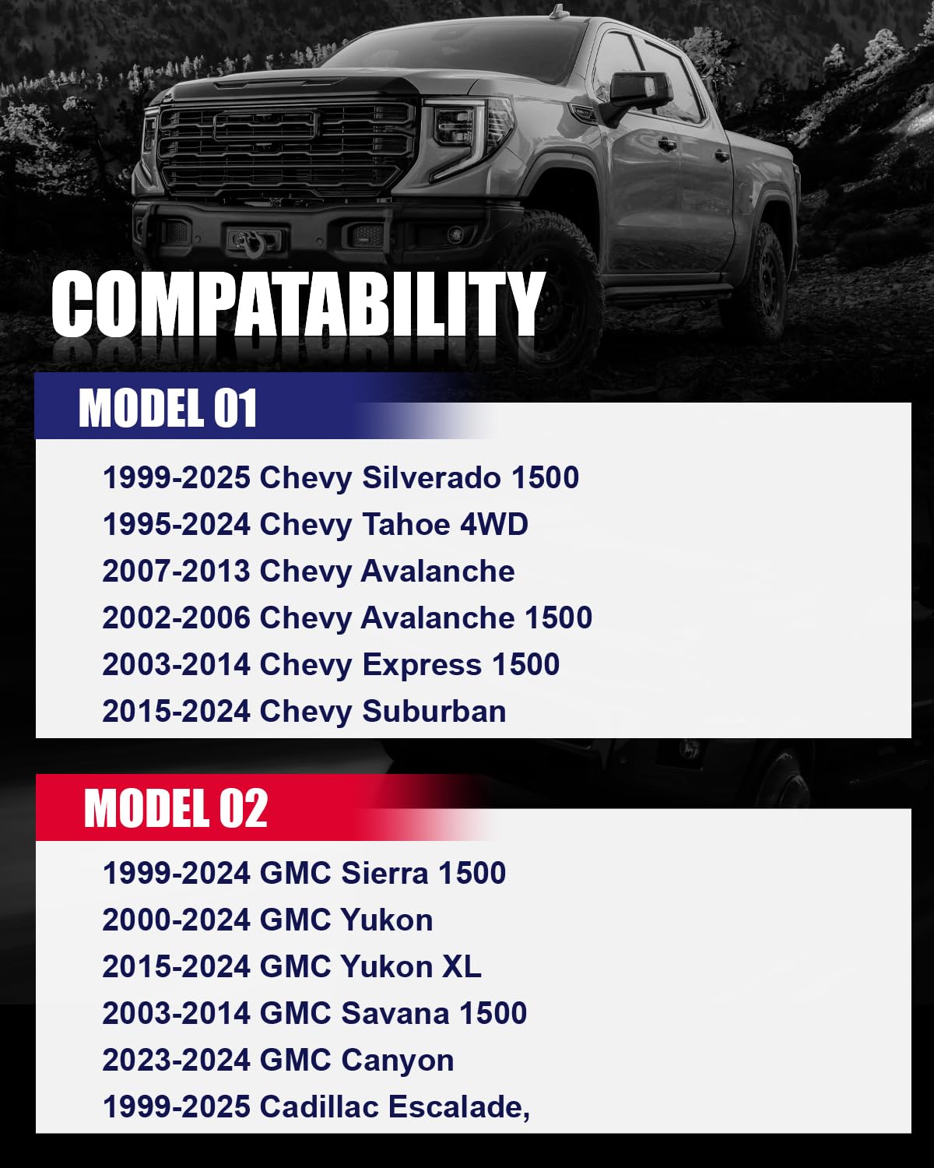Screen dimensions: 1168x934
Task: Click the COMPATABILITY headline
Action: [297, 304]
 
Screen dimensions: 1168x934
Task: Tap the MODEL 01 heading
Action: [167, 408]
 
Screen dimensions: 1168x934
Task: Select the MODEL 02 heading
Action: [176, 807]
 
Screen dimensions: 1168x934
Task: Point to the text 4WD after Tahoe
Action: [494, 524]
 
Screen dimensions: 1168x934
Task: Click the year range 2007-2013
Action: [176, 571]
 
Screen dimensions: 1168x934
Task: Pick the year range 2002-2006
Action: [176, 617]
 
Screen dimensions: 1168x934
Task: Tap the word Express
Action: [422, 664]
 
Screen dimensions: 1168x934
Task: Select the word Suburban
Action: [434, 711]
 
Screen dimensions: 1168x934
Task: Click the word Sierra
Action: [384, 873]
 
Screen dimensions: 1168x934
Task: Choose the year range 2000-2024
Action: [176, 920]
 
